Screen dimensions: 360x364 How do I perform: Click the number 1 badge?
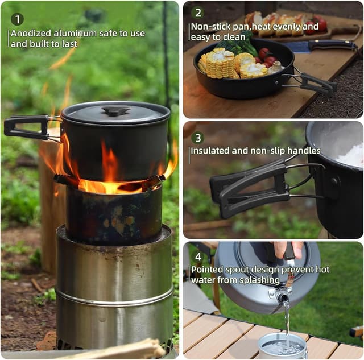[17, 19]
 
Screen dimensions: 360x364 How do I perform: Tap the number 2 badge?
[197, 13]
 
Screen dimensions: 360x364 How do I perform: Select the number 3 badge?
[197, 138]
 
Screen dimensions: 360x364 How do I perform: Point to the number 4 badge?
[197, 256]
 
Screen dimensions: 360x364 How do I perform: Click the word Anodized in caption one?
[31, 34]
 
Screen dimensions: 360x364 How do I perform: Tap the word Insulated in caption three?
[210, 151]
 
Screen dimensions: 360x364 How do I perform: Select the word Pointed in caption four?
[207, 270]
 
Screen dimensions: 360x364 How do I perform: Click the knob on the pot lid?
[115, 110]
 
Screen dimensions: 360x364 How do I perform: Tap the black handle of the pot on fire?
[26, 126]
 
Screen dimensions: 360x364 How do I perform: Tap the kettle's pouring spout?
[282, 297]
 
